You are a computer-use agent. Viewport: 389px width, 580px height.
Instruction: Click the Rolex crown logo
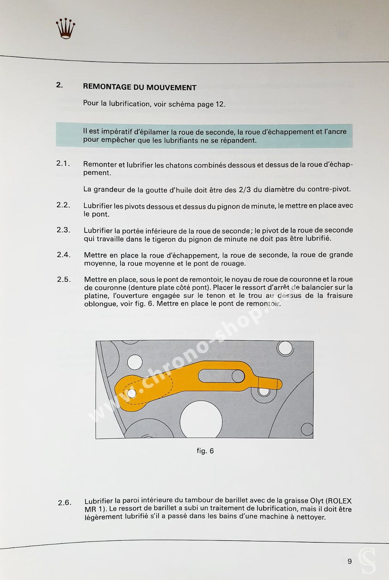point(65,28)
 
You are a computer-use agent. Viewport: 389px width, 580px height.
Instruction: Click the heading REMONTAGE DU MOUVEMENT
point(140,87)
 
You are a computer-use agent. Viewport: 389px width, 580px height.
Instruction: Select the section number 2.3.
point(64,230)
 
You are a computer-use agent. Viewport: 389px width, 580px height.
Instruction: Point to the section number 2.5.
point(64,280)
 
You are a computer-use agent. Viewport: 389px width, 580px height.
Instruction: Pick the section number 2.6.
point(65,503)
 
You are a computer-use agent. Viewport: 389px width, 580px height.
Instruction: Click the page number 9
point(349,561)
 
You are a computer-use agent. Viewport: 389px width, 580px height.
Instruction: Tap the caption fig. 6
point(205,451)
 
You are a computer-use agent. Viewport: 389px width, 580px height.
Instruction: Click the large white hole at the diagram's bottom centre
point(201,421)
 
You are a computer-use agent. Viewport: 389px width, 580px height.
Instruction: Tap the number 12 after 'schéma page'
point(220,104)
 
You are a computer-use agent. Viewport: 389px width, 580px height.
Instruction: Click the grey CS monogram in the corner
point(367,560)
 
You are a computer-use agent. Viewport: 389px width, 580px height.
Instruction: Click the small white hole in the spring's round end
point(132,393)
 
